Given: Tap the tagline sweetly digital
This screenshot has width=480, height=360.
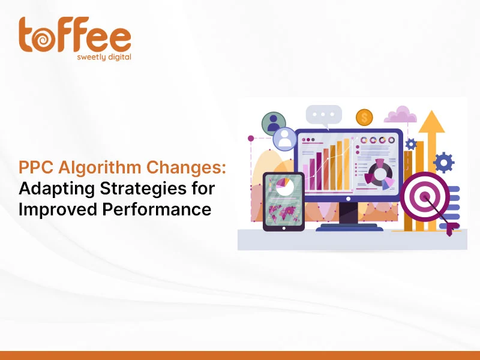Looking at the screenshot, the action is pyautogui.click(x=104, y=57).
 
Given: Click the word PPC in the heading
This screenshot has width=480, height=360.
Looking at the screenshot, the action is pyautogui.click(x=36, y=167).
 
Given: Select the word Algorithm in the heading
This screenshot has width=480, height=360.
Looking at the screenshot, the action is pyautogui.click(x=100, y=168).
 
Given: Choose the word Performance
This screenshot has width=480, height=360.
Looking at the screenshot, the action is pyautogui.click(x=157, y=209).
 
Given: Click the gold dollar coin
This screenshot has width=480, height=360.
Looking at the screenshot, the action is pyautogui.click(x=364, y=118).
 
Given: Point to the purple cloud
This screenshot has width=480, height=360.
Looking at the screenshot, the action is pyautogui.click(x=400, y=115).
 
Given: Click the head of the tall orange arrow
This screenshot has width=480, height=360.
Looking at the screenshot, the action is pyautogui.click(x=431, y=122).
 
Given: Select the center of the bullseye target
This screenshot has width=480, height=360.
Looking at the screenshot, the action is pyautogui.click(x=425, y=197).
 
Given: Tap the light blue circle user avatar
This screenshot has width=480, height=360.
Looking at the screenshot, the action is pyautogui.click(x=285, y=139).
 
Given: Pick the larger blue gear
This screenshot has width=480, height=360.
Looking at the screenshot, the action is pyautogui.click(x=444, y=163).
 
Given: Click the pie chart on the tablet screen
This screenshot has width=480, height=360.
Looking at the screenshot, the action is pyautogui.click(x=284, y=187).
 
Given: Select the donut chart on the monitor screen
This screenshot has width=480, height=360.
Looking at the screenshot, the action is pyautogui.click(x=380, y=174).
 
